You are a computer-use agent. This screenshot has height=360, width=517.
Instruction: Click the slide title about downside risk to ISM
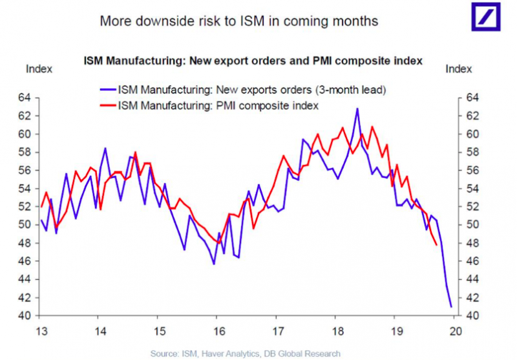[x=239, y=21]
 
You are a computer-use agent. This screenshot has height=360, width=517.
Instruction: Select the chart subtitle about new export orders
[x=253, y=61]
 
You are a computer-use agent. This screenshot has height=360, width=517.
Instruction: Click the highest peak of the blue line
[x=357, y=109]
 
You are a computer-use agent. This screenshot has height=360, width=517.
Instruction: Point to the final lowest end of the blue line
[x=451, y=306]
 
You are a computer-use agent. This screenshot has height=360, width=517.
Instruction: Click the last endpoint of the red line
[x=437, y=244]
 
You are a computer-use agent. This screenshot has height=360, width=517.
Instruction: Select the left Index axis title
[x=38, y=69]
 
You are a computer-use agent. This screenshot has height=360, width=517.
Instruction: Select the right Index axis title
[x=459, y=69]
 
